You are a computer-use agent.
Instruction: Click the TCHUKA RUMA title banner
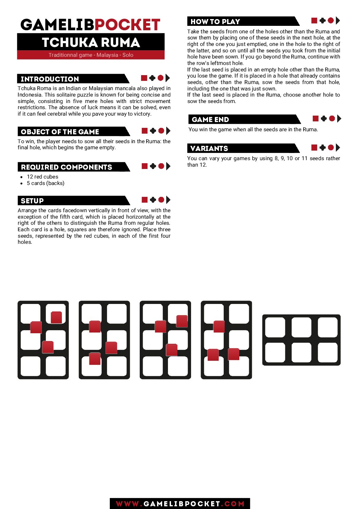[91, 42]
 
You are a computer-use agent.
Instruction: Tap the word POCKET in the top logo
[127, 24]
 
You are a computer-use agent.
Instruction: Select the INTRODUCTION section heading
[50, 79]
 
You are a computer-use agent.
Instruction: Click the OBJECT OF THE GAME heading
[60, 132]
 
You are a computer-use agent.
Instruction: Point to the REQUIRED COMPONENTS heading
[67, 167]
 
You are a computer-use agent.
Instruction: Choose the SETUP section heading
[32, 201]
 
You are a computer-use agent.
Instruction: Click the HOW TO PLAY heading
[215, 21]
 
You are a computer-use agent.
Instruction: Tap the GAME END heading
[210, 119]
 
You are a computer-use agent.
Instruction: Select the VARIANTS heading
[209, 148]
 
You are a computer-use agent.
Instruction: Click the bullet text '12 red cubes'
[42, 177]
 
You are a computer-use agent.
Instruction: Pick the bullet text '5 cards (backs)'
[46, 183]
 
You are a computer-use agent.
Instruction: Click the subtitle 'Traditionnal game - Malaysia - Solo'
[91, 55]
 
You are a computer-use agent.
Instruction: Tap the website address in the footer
[180, 504]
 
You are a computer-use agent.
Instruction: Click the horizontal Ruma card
[301, 340]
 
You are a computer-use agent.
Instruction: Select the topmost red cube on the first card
[56, 317]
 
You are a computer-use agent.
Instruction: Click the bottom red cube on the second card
[95, 359]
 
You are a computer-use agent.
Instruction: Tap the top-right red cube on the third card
[182, 321]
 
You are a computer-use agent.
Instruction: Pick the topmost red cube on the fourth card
[219, 326]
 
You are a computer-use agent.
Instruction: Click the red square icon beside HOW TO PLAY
[314, 21]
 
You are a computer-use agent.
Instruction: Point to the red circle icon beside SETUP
[161, 200]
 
